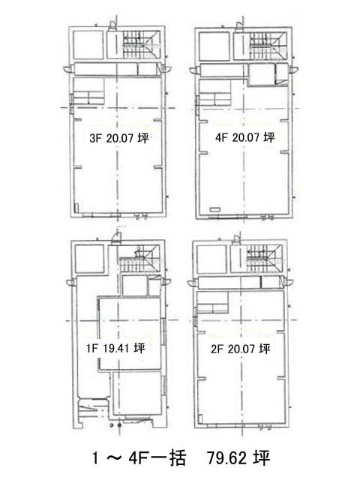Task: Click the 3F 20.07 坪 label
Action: pyautogui.click(x=119, y=138)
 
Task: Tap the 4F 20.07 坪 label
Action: pyautogui.click(x=245, y=137)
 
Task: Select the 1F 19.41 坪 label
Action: pyautogui.click(x=115, y=348)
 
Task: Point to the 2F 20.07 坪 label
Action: pyautogui.click(x=241, y=349)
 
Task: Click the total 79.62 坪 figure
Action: pyautogui.click(x=238, y=458)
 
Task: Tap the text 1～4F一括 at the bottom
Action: pyautogui.click(x=139, y=458)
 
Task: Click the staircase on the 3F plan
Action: pyautogui.click(x=141, y=45)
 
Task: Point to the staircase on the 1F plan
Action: pyautogui.click(x=139, y=259)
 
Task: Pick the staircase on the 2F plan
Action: pyautogui.click(x=265, y=258)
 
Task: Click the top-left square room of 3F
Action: pyautogui.click(x=88, y=45)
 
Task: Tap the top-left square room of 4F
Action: pyautogui.click(x=214, y=46)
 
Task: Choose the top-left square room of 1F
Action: pyautogui.click(x=89, y=259)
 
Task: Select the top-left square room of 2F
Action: pyautogui.click(x=211, y=259)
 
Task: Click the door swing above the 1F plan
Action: pyautogui.click(x=116, y=238)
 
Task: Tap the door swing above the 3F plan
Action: pyautogui.click(x=112, y=25)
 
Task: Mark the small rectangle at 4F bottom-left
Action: pyautogui.click(x=215, y=210)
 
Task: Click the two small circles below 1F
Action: pyautogui.click(x=115, y=425)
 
